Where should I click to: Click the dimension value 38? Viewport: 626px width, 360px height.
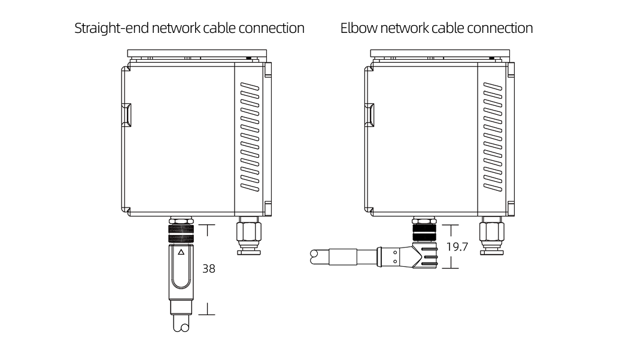point(208,269)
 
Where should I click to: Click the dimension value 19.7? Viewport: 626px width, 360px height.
point(457,246)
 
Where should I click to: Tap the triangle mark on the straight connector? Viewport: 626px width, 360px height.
point(181,252)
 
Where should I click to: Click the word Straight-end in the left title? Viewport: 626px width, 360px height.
point(112,28)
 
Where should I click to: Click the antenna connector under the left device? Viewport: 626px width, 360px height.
point(248,236)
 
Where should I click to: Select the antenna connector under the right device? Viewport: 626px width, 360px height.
point(492,236)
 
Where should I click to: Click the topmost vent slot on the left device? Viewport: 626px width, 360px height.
point(250,87)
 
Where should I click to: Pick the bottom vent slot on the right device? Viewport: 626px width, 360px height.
point(493,186)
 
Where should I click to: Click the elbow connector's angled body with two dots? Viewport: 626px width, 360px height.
point(395,256)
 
